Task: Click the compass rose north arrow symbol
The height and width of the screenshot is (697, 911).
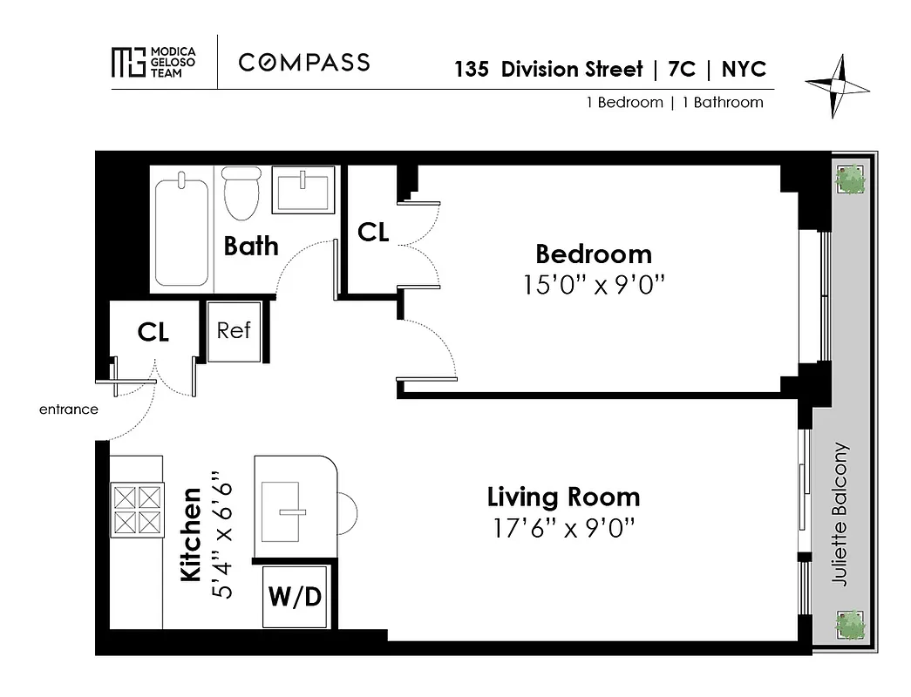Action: pos(837,85)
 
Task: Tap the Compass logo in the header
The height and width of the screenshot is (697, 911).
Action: pos(304,62)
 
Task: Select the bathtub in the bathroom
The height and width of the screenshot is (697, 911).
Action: pos(182,228)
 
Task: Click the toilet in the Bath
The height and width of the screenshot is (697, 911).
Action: pos(241,194)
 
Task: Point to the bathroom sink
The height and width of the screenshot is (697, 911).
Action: pos(303,189)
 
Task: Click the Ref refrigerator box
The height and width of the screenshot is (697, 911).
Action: pos(234,331)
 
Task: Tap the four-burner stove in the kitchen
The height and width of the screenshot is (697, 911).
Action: pos(137,510)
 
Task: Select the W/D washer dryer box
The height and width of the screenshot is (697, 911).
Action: pos(295,598)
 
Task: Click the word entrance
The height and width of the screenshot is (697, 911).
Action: pos(69,409)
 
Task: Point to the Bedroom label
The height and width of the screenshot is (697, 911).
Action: pos(593,254)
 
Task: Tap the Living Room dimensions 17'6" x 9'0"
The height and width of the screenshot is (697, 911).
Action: pos(563,528)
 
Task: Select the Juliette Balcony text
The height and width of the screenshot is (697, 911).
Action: pos(840,514)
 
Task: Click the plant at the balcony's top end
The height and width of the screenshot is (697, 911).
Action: pos(850,179)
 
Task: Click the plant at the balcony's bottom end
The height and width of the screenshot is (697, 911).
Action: pos(850,624)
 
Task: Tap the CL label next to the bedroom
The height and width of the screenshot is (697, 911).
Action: pos(373,233)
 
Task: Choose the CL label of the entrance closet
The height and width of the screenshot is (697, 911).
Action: pos(153,332)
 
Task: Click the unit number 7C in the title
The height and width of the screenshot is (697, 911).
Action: pos(682,70)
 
